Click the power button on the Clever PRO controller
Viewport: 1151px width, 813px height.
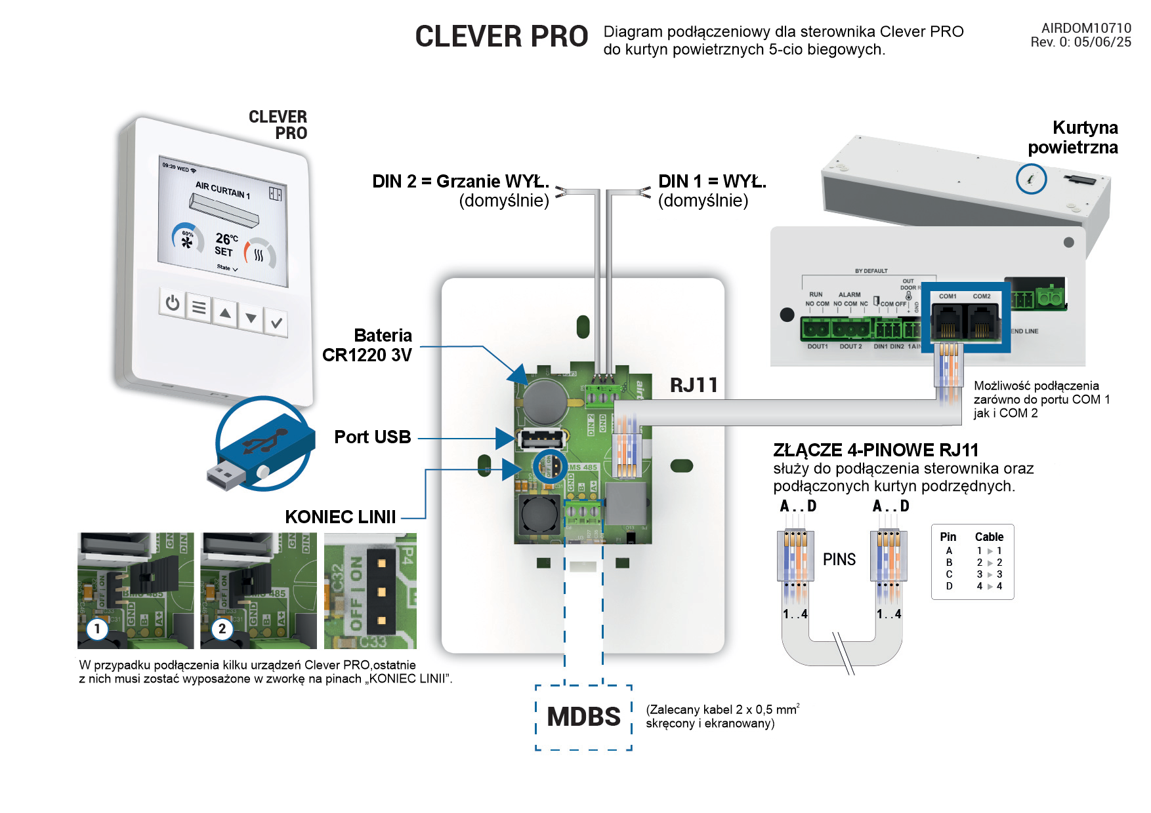(172, 304)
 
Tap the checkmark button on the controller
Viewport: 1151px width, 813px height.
(276, 323)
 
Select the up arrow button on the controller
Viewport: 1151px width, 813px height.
(224, 313)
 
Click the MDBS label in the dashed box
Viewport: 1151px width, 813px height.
(583, 717)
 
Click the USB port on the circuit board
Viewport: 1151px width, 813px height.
(541, 438)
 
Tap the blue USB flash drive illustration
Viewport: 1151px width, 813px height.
(262, 446)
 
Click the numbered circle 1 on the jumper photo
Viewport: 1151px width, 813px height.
(97, 629)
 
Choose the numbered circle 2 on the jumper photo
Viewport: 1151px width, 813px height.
(222, 629)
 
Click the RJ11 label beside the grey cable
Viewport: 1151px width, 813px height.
(694, 385)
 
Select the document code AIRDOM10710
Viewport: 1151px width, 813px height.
(1086, 28)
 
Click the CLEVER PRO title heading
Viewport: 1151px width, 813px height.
(501, 37)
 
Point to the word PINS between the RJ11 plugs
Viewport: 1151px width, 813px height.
(839, 559)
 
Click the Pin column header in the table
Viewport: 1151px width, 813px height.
(948, 537)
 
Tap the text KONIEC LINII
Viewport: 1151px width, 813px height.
(340, 517)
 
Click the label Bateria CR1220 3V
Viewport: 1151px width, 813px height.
(367, 346)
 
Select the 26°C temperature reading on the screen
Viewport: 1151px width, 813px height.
(226, 239)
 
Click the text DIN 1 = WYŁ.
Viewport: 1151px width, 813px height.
(712, 182)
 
